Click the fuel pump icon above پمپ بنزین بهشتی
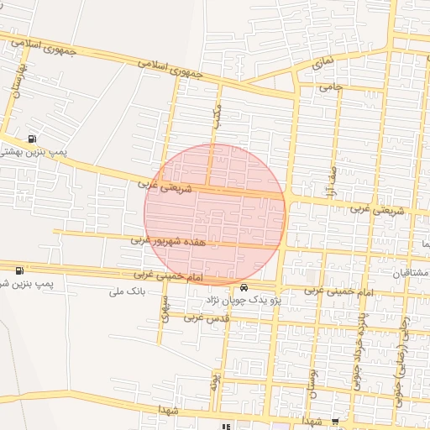[x=32, y=139]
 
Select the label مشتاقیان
[x=408, y=274]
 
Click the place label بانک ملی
[x=128, y=293]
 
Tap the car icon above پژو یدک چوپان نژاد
[x=244, y=286]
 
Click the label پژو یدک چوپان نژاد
[x=244, y=299]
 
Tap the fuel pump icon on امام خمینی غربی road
[x=19, y=270]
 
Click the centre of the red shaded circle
[x=215, y=215]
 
